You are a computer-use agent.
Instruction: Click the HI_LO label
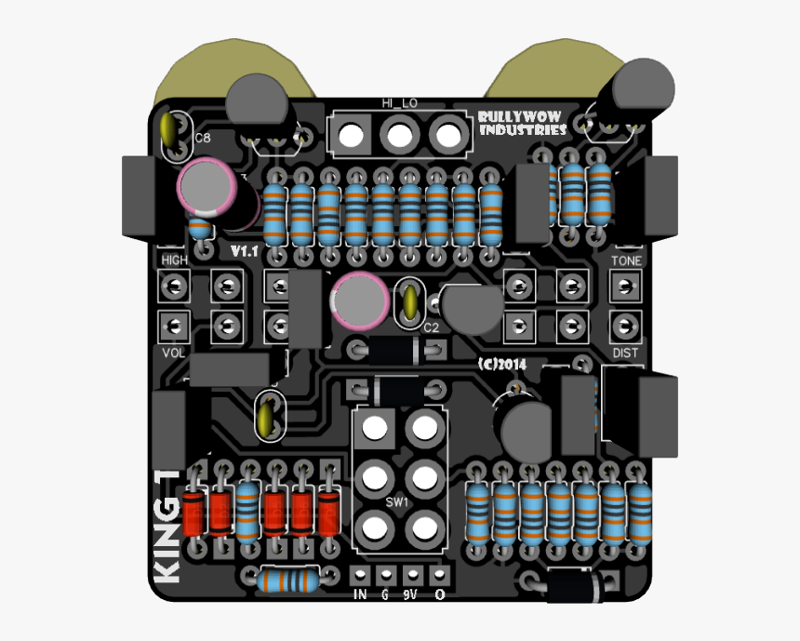399,103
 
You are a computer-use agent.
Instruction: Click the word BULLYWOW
522,117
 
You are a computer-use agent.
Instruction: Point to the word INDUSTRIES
522,130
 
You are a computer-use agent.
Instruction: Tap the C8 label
202,139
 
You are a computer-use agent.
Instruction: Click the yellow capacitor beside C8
169,131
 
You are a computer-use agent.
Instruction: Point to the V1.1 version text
245,252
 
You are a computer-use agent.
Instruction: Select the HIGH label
174,260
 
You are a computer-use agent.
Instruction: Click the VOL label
174,354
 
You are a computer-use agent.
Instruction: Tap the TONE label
626,261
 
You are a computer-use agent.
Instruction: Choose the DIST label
626,354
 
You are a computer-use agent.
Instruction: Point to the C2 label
432,327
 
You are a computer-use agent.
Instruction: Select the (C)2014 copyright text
503,364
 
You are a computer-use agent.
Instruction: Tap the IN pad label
360,594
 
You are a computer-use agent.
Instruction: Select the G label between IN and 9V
385,594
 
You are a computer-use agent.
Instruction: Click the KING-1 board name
168,528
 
